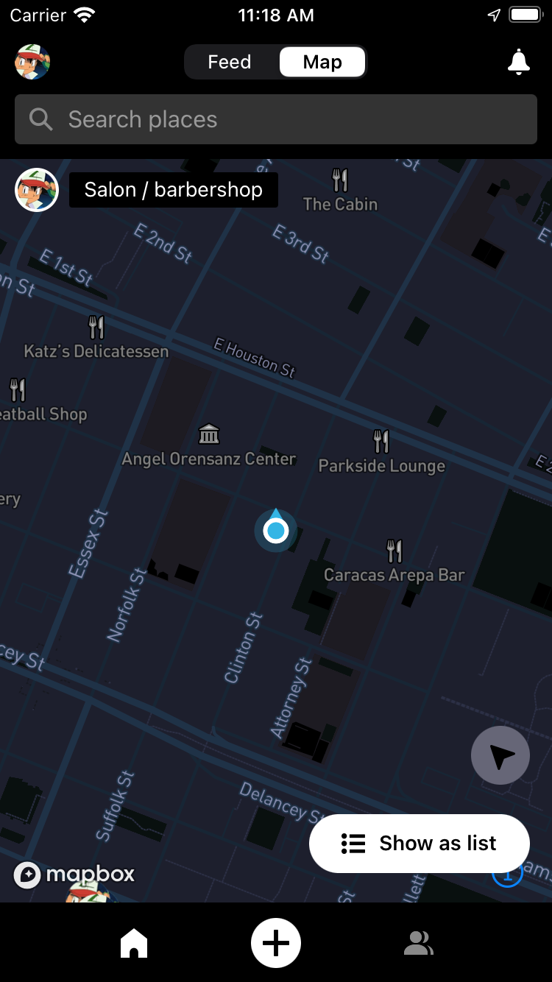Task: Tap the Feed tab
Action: [230, 62]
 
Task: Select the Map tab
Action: [322, 62]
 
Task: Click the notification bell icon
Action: [519, 63]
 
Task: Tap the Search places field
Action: [276, 119]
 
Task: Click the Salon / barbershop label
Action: [174, 190]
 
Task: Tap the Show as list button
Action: [420, 844]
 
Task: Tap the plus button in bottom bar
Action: [276, 943]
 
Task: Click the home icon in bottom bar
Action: [134, 943]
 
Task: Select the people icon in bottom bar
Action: [418, 943]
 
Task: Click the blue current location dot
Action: [276, 530]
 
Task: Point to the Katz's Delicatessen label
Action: [96, 351]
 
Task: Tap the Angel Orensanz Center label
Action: [209, 459]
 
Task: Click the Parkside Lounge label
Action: [381, 466]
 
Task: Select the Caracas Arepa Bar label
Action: [394, 575]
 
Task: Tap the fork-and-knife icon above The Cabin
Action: [340, 180]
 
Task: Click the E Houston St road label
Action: [255, 357]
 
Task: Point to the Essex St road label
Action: [88, 543]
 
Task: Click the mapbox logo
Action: [74, 875]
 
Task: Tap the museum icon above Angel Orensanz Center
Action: [209, 434]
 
